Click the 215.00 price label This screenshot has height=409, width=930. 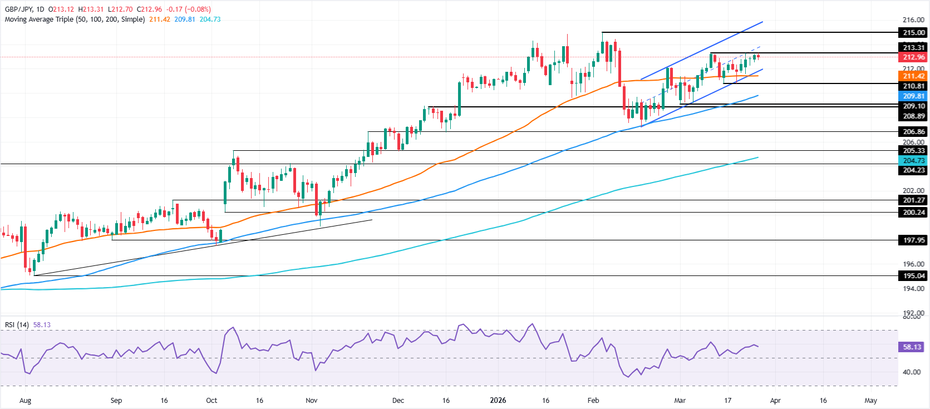(x=913, y=33)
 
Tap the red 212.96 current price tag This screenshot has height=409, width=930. (x=913, y=57)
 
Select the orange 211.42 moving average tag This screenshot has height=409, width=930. (x=913, y=76)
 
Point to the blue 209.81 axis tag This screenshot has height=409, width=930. (x=913, y=96)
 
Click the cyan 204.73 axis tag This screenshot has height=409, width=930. (x=913, y=161)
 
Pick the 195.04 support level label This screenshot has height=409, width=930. (x=913, y=276)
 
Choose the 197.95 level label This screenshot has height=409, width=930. (x=913, y=240)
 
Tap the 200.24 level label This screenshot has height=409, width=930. (x=913, y=213)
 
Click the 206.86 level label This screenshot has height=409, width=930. (x=913, y=132)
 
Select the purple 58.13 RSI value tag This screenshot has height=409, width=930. (x=912, y=347)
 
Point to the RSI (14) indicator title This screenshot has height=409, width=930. (x=17, y=325)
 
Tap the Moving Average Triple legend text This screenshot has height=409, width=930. (x=75, y=19)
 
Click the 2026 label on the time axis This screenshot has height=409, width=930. (x=498, y=401)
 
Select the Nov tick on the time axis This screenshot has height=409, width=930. (x=312, y=401)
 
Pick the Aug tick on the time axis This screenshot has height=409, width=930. (x=25, y=401)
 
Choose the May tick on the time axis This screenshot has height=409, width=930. (x=870, y=401)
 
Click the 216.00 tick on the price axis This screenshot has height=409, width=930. (x=913, y=20)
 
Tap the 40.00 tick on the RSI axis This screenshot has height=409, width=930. (x=911, y=372)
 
